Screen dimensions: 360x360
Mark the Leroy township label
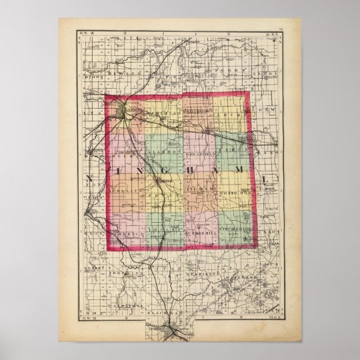click(234, 151)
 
